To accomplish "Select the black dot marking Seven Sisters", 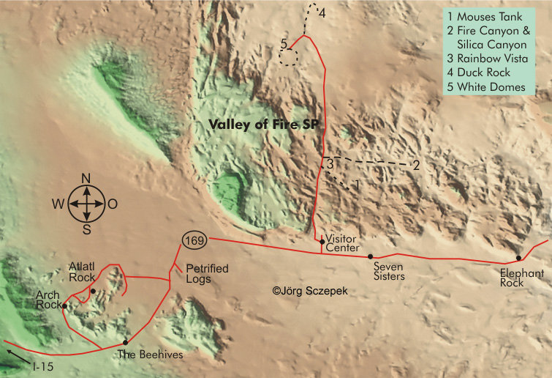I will (371, 256).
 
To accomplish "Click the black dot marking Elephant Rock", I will (518, 258).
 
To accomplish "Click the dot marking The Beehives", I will (126, 342).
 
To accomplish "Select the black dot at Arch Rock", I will (65, 306).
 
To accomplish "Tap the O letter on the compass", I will (113, 204).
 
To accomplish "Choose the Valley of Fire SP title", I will (265, 125).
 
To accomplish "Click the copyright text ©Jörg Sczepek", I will (311, 291).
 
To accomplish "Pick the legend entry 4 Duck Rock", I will (483, 73).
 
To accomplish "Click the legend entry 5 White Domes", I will (486, 86).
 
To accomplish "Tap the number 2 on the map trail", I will (415, 165).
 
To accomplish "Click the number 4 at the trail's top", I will (322, 12).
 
